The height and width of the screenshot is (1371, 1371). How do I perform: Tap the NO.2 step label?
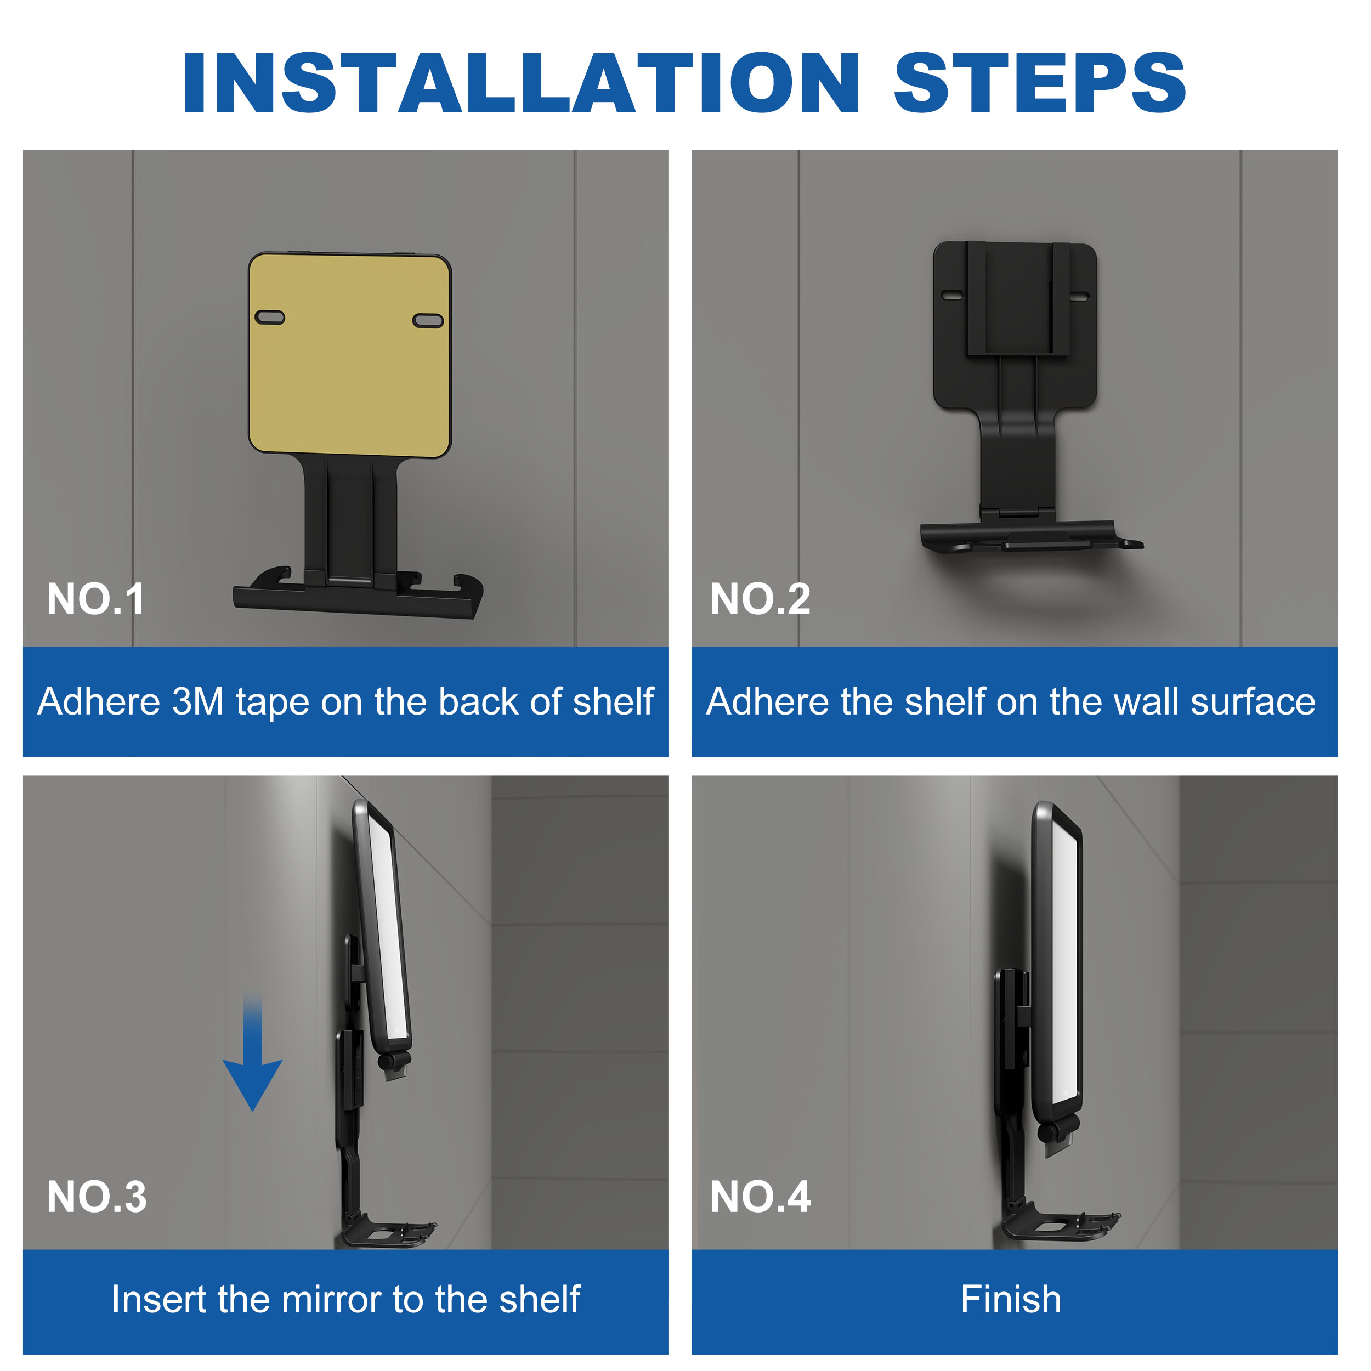760,599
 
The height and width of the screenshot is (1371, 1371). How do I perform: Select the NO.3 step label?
97,1197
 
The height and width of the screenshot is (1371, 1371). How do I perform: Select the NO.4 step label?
760,1197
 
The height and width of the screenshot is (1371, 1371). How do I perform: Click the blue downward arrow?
253,1057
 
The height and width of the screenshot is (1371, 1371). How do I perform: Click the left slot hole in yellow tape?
270,317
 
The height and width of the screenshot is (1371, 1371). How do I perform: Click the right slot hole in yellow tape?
428,321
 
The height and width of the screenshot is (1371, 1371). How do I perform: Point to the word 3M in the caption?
198,702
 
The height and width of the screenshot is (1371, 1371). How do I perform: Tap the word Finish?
1011,1299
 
